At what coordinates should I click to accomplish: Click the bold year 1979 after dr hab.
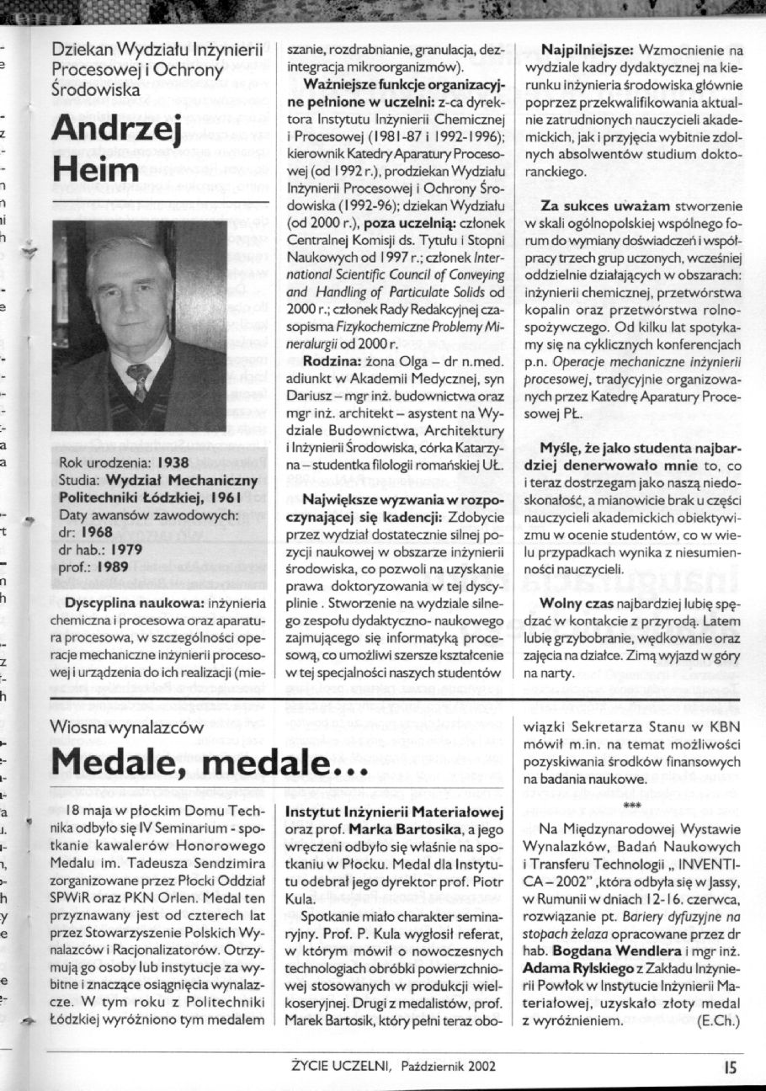125,549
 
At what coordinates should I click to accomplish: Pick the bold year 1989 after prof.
114,567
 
